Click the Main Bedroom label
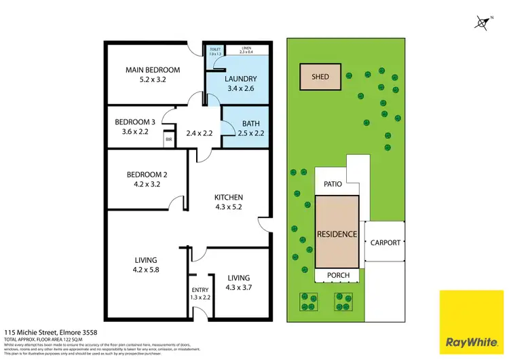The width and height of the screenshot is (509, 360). (153, 70)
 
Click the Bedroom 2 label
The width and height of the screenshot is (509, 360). (146, 175)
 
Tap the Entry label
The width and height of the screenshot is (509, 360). (200, 291)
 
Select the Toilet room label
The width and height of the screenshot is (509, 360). (216, 50)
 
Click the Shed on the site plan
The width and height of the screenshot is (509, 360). (320, 77)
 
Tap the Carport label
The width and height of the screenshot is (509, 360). (385, 242)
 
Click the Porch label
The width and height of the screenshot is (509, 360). (338, 275)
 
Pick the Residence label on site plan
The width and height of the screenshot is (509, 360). (337, 234)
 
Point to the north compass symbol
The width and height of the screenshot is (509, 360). (483, 23)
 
